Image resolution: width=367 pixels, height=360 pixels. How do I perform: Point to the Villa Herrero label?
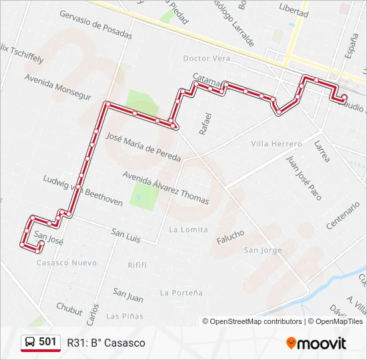(x=276, y=143)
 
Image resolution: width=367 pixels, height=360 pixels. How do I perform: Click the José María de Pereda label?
(x=143, y=147)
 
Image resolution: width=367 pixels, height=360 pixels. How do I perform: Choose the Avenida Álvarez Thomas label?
(x=165, y=187)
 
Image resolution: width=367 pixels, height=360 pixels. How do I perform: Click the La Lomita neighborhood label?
(x=184, y=229)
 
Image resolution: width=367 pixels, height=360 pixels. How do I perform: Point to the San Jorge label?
(x=263, y=250)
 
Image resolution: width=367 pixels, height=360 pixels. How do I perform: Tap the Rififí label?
(x=137, y=265)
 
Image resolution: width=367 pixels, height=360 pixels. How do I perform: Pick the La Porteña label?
(x=181, y=292)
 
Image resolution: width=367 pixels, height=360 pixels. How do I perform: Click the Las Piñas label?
(x=124, y=315)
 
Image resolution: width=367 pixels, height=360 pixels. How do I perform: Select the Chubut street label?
(x=69, y=308)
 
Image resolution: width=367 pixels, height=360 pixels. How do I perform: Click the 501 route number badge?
(x=41, y=342)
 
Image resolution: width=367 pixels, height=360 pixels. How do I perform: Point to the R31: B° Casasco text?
(x=105, y=343)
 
